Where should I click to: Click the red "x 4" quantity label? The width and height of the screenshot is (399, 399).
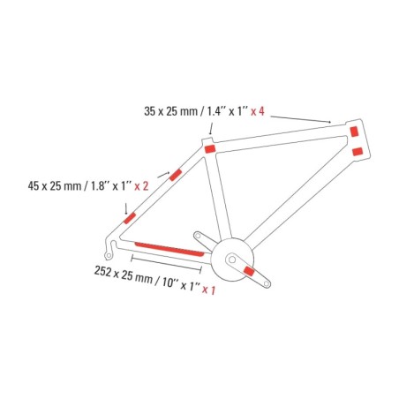[258, 111]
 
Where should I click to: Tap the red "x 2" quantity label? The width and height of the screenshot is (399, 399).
[141, 186]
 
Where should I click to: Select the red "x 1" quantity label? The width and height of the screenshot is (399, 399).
[208, 290]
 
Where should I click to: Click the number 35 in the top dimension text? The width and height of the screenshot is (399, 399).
[149, 111]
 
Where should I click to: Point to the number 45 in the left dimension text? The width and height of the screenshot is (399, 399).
[34, 186]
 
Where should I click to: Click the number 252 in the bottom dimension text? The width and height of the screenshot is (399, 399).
[102, 271]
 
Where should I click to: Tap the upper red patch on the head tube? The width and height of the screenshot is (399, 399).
[354, 132]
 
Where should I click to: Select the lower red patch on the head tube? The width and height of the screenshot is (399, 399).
[358, 152]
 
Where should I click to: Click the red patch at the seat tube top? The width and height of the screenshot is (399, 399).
[210, 149]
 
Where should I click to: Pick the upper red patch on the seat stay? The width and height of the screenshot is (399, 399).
[176, 175]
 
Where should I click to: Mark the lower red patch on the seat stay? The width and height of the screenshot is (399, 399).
[130, 218]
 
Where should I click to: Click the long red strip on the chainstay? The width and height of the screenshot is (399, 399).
[169, 249]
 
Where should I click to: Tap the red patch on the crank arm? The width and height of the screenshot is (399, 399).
[250, 271]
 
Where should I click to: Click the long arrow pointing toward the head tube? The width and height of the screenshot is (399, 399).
[301, 119]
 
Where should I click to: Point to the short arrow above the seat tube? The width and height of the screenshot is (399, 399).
[211, 129]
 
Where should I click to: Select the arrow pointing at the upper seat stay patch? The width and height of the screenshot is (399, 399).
[163, 174]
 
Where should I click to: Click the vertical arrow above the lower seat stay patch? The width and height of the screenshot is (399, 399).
[126, 208]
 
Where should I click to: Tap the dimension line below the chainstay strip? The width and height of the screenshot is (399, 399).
[166, 263]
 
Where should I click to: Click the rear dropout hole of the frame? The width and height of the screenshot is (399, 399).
[109, 255]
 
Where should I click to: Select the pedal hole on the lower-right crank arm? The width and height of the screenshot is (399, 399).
[267, 283]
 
